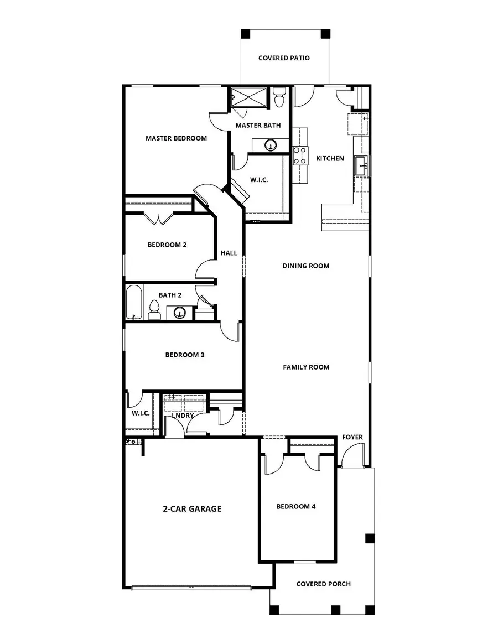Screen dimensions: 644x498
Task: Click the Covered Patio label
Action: (x=284, y=58)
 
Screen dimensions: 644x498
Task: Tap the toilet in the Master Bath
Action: (x=279, y=98)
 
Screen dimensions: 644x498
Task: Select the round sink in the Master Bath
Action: (x=271, y=145)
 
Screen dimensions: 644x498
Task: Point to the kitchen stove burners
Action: (x=300, y=155)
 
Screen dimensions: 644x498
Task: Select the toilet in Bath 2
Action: (x=154, y=310)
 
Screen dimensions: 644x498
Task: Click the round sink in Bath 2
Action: (x=179, y=313)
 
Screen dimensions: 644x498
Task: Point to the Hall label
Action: (x=229, y=253)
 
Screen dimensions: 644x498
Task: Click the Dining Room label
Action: (x=305, y=266)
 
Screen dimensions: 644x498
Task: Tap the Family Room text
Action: (x=306, y=367)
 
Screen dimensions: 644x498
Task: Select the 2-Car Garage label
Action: (x=192, y=508)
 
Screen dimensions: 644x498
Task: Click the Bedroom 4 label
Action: (x=296, y=506)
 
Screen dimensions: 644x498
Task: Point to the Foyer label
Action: (x=352, y=437)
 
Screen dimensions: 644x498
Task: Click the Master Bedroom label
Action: (x=176, y=138)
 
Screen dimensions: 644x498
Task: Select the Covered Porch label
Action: (x=323, y=584)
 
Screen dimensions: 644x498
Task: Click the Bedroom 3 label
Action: (x=185, y=355)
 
